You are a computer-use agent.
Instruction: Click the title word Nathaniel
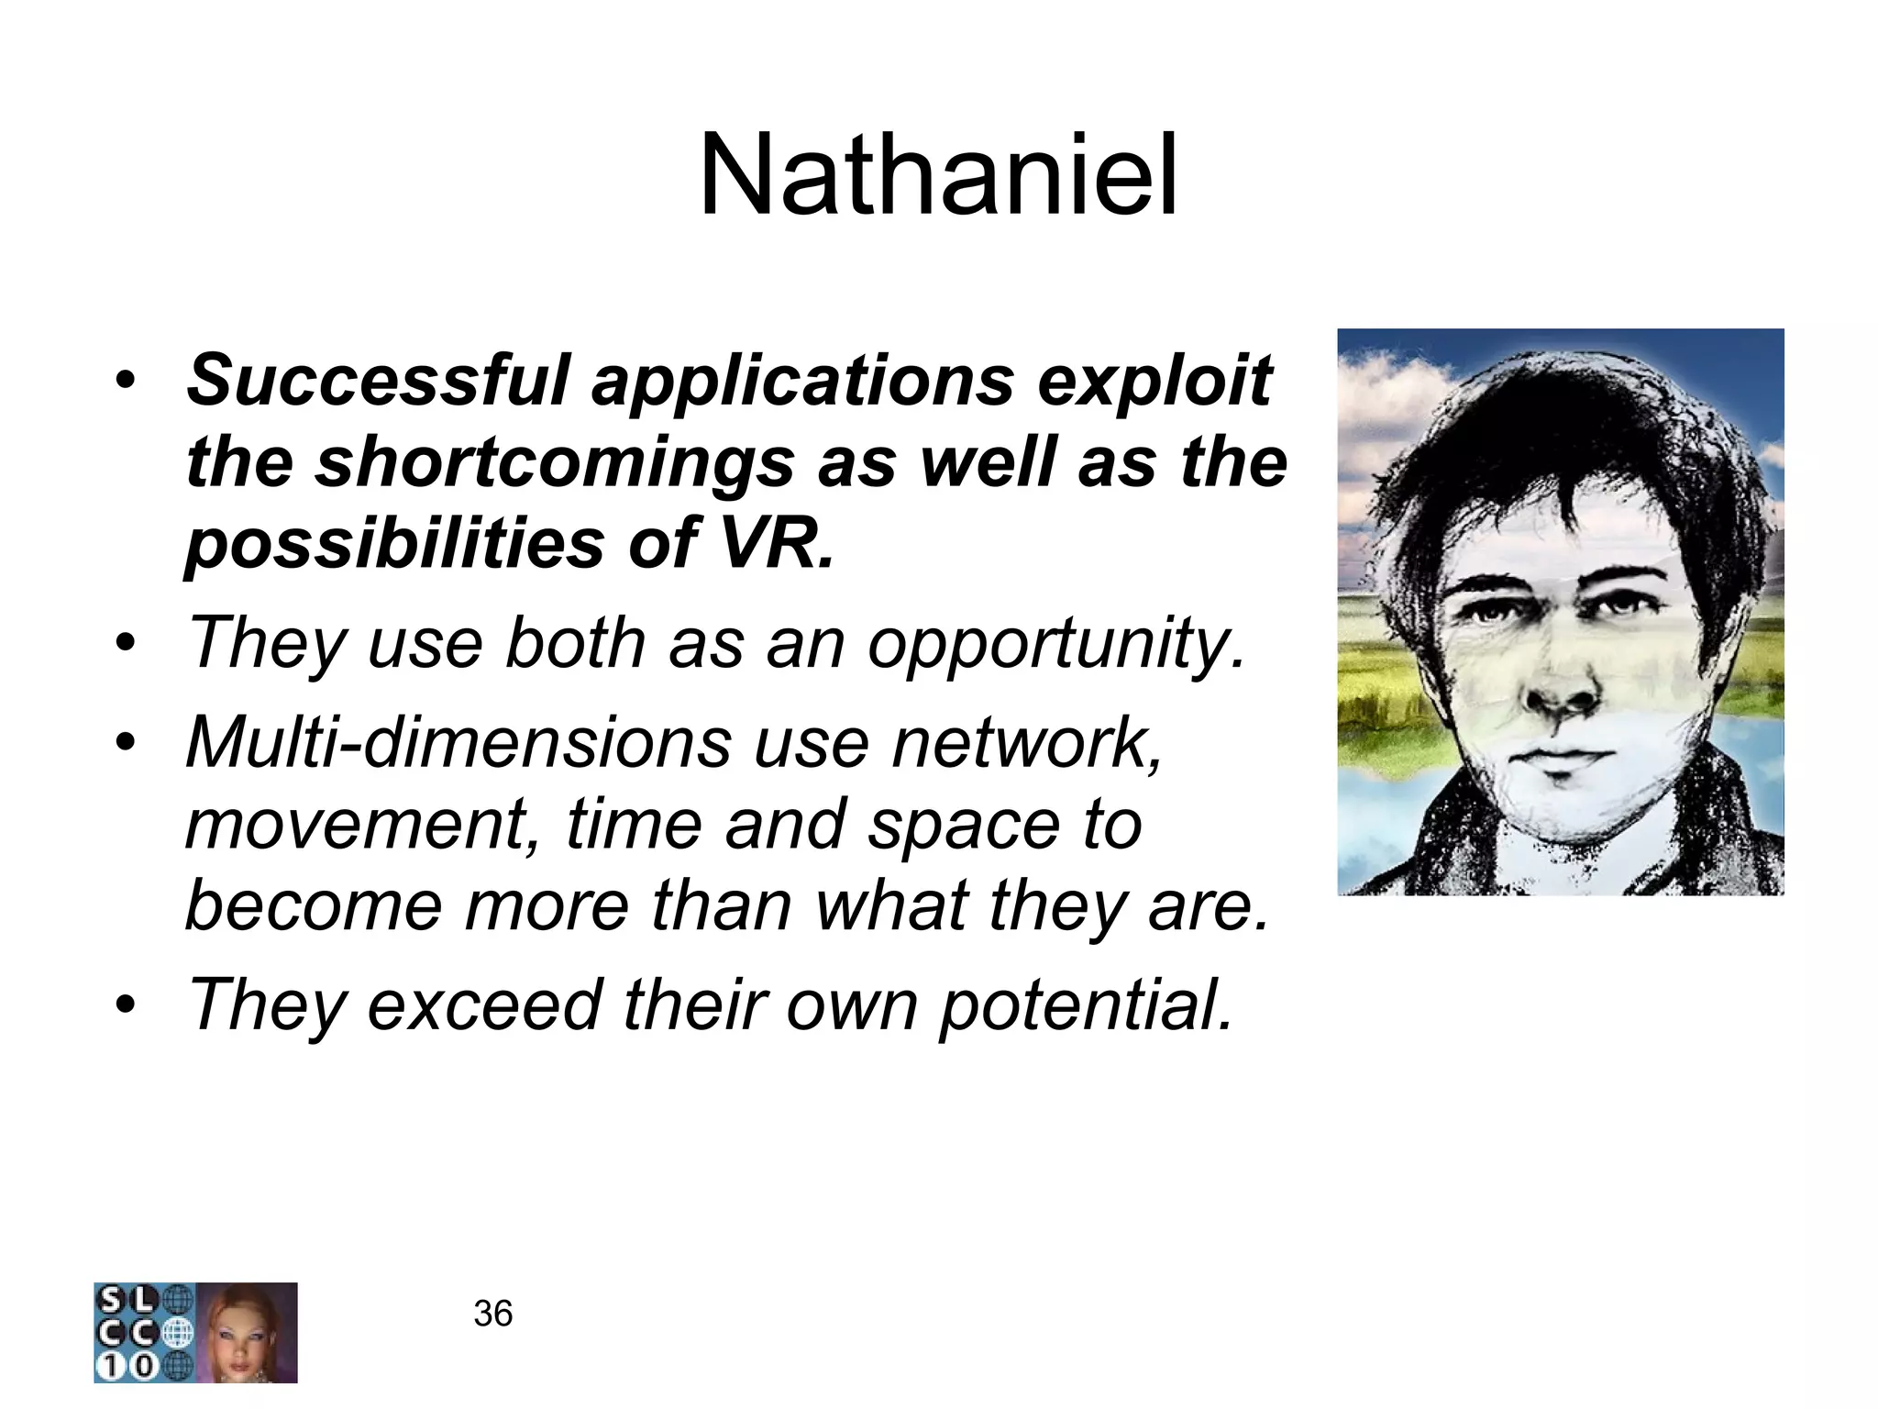point(937,176)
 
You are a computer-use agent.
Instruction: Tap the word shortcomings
point(554,463)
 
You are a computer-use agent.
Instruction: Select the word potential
point(1087,1006)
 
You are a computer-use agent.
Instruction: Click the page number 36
point(492,1314)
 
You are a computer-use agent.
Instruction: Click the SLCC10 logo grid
point(143,1332)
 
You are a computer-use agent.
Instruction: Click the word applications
point(802,381)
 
